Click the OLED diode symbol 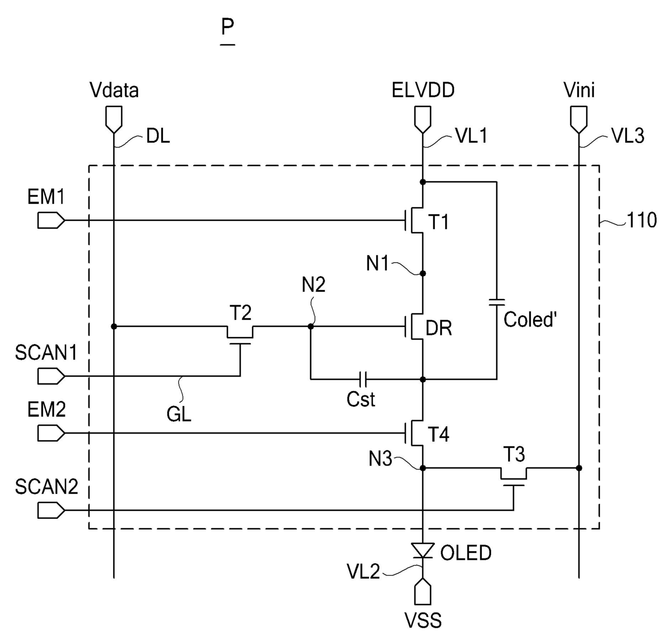(x=422, y=550)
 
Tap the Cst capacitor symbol (x=363, y=379)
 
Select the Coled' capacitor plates (x=496, y=302)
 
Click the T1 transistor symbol (x=414, y=220)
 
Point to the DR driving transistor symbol (x=414, y=326)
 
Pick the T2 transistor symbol (x=240, y=334)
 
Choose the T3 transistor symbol (x=514, y=476)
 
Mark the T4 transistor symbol (x=414, y=433)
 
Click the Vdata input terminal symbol (x=114, y=120)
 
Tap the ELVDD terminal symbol (x=422, y=120)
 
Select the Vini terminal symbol (x=578, y=120)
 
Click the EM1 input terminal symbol (x=51, y=220)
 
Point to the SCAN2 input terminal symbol (x=51, y=510)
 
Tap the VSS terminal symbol (x=422, y=592)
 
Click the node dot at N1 (x=422, y=273)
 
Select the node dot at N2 (x=310, y=326)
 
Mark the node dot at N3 (x=422, y=468)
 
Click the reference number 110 (x=641, y=220)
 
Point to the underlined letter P (x=228, y=27)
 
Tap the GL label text (x=179, y=415)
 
